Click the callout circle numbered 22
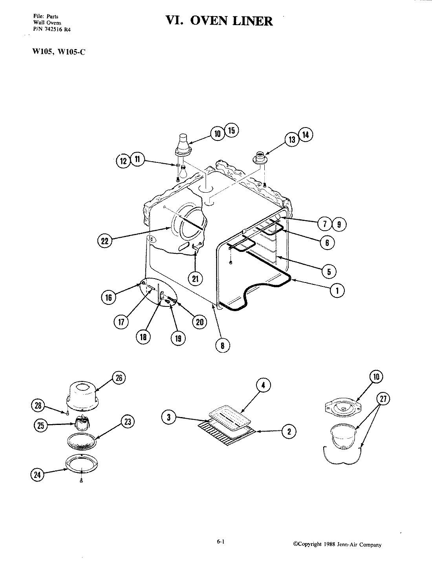pos(104,241)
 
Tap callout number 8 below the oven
pos(223,345)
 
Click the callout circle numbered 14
pos(306,135)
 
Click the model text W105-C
pos(71,53)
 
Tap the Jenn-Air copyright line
pos(337,545)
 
